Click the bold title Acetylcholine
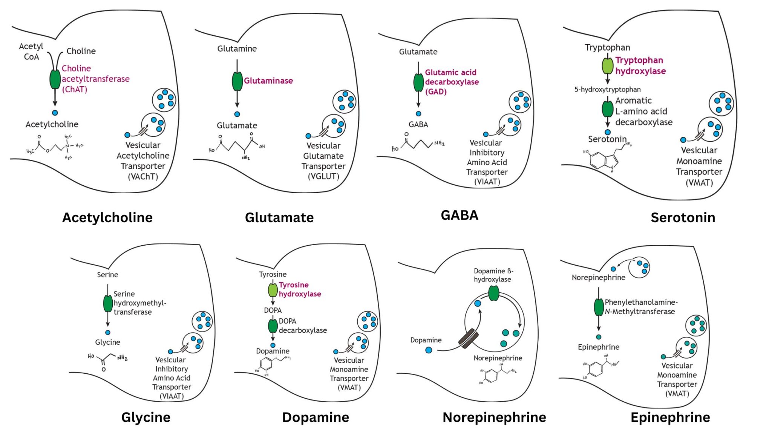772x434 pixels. pos(107,217)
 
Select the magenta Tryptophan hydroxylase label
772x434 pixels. pos(640,66)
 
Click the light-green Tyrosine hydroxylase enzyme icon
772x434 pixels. pos(273,290)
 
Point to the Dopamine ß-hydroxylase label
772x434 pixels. pos(493,275)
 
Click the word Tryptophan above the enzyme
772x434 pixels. pos(607,47)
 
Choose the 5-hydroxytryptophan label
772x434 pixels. pos(607,89)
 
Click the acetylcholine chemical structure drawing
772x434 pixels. pos(55,147)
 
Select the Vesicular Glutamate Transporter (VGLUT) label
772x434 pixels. pos(323,161)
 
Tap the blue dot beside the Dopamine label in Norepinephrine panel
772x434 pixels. pos(429,350)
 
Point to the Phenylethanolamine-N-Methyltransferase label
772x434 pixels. pos(640,307)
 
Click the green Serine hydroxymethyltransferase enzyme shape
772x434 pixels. pos(108,304)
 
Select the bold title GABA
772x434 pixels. pos(459,215)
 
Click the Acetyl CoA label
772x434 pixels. pos(31,52)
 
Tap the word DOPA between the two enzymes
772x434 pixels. pos(273,310)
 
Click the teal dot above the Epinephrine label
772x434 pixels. pos(599,337)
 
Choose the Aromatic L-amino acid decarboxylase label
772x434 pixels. pos(643,111)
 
